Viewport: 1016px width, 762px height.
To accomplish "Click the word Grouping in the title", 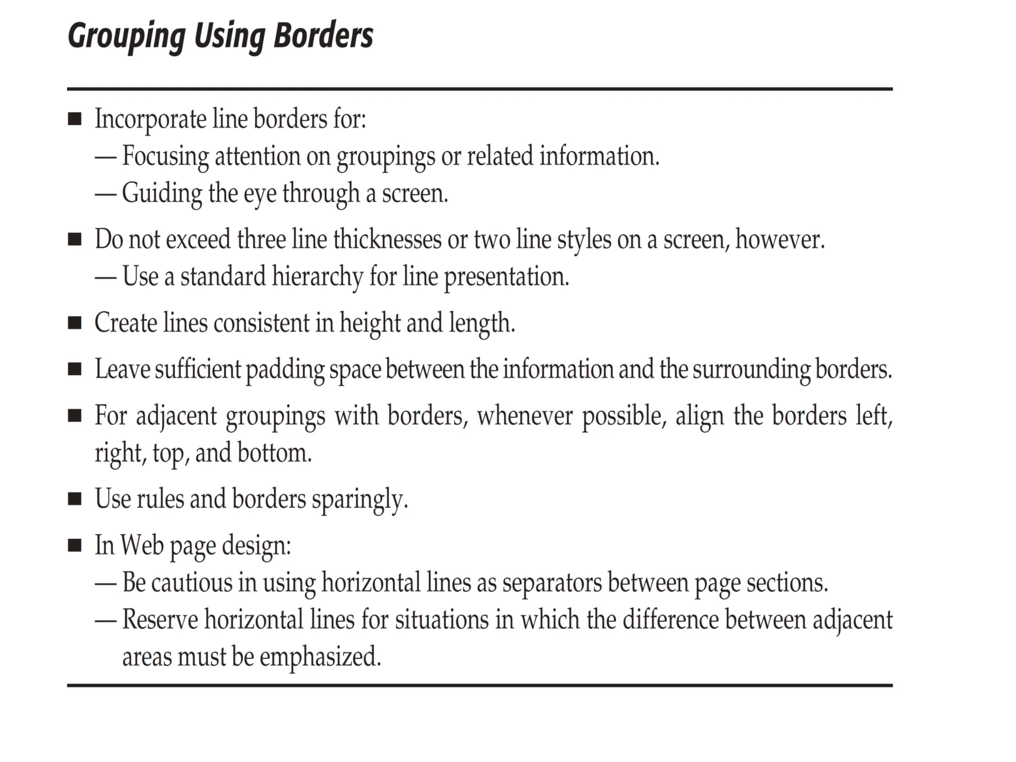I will (127, 36).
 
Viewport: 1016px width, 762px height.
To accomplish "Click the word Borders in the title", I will (323, 35).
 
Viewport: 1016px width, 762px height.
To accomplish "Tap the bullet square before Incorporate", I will (74, 119).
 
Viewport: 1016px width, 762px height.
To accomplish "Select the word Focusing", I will (166, 156).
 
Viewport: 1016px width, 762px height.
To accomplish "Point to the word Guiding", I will (162, 193).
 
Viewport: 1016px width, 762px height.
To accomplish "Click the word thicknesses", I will (387, 240).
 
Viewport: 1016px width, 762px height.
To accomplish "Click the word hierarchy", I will (317, 277).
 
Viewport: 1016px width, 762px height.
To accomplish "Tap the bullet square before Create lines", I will (74, 323).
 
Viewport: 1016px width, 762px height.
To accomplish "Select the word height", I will (370, 323).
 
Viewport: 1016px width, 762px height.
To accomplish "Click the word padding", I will (285, 370).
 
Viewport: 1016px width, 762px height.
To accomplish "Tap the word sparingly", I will (359, 500).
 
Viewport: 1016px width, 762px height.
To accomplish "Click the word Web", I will (142, 546).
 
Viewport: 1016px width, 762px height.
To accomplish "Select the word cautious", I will (191, 583).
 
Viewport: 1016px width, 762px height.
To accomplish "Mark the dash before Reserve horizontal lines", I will (105, 620).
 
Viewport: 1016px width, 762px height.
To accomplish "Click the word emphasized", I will (320, 657).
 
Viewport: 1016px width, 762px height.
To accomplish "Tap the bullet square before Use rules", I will (74, 499).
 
